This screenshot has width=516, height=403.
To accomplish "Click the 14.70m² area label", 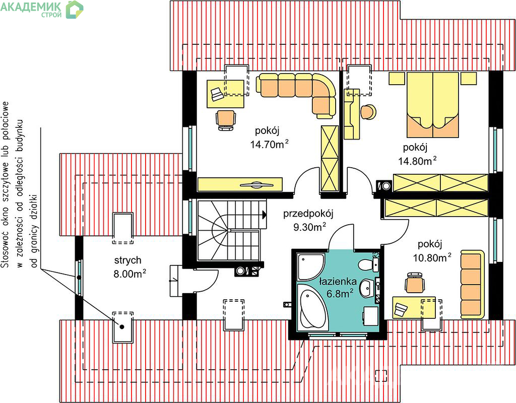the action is (x=270, y=144).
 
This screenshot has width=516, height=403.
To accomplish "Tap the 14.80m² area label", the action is (x=418, y=161).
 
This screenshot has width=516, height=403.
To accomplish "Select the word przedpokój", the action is (x=308, y=214).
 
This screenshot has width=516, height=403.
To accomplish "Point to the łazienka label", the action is (x=338, y=282).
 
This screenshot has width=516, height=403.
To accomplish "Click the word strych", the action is (x=128, y=260).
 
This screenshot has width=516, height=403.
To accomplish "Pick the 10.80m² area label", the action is (x=432, y=257).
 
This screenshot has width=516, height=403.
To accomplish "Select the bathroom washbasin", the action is (x=367, y=288).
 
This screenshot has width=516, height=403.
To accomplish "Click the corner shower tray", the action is (x=310, y=266).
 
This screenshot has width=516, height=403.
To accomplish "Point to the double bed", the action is (x=432, y=105).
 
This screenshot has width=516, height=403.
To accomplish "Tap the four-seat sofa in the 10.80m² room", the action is (x=473, y=285).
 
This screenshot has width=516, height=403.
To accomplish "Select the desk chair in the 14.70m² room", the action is (x=226, y=120).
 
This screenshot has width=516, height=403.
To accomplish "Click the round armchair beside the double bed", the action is (x=368, y=112).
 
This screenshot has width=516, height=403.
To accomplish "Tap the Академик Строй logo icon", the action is (x=75, y=10).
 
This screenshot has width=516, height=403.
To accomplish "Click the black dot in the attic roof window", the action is (x=122, y=326).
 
